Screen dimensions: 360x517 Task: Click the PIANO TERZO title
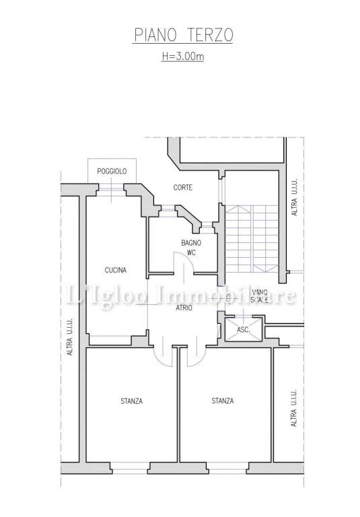tap(183, 35)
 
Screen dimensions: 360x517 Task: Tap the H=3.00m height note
tap(182, 56)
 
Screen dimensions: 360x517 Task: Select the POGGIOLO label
tap(112, 172)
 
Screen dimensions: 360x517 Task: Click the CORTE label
tap(183, 188)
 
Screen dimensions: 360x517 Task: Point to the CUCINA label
tap(116, 270)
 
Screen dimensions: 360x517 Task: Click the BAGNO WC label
tap(191, 248)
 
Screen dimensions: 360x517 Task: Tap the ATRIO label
tap(184, 308)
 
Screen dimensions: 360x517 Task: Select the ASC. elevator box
tap(244, 329)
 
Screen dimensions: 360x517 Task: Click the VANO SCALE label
tap(260, 296)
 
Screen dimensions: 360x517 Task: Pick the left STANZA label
tap(131, 401)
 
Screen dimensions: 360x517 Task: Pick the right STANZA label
tap(223, 401)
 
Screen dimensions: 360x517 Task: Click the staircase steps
tap(252, 239)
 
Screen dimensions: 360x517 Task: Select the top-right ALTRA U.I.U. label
tap(295, 197)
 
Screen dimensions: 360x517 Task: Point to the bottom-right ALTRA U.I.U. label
tap(294, 408)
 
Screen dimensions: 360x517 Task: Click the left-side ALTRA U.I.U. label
tap(70, 337)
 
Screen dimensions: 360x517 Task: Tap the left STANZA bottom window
tap(130, 468)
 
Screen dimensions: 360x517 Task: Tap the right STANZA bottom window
tap(227, 468)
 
